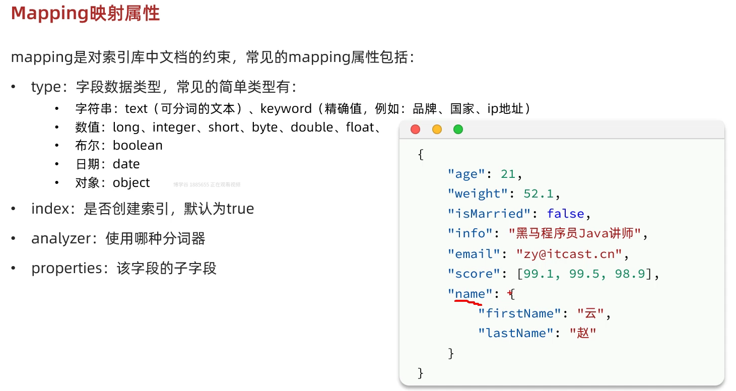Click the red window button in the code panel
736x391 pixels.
pyautogui.click(x=415, y=129)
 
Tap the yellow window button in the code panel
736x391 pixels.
pyautogui.click(x=437, y=129)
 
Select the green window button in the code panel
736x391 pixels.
pyautogui.click(x=458, y=129)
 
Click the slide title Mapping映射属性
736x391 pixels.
pyautogui.click(x=85, y=14)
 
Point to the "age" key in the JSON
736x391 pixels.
pyautogui.click(x=466, y=174)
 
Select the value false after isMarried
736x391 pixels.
pyautogui.click(x=565, y=214)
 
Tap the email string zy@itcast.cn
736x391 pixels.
pyautogui.click(x=569, y=253)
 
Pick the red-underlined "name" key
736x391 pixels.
pyautogui.click(x=470, y=294)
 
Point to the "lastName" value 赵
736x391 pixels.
pyautogui.click(x=583, y=333)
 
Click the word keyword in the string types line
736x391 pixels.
pyautogui.click(x=286, y=109)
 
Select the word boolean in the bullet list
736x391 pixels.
pyautogui.click(x=138, y=146)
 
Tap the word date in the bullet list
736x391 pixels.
pyautogui.click(x=126, y=164)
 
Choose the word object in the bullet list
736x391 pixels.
pyautogui.click(x=131, y=182)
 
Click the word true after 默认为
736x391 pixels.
pyautogui.click(x=240, y=209)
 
